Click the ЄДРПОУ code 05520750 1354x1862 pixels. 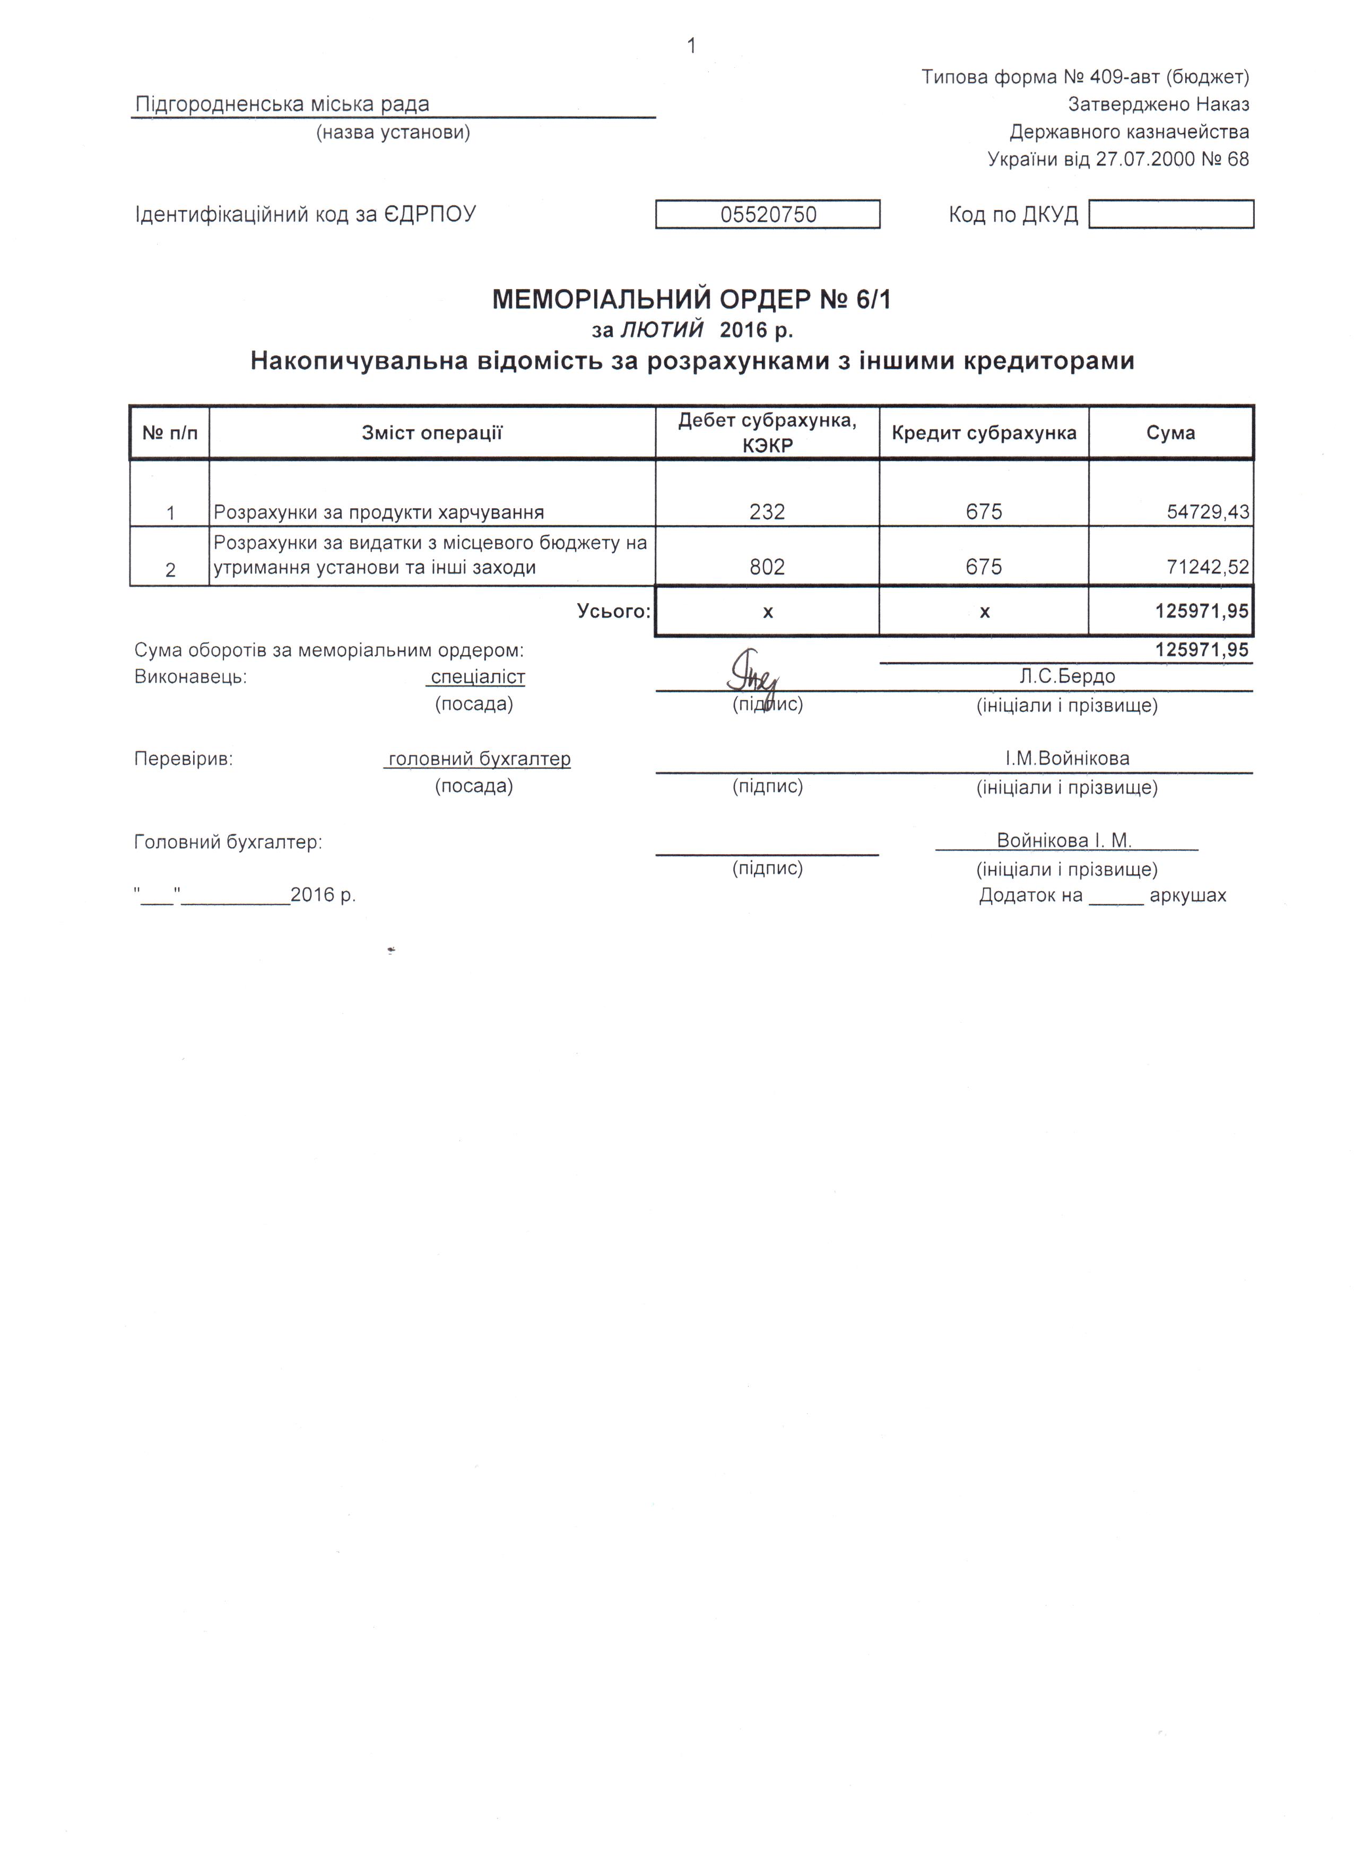coord(768,215)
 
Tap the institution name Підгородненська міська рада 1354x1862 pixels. coord(282,105)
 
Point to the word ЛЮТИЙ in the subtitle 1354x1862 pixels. coord(662,330)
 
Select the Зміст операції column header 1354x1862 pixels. coord(432,433)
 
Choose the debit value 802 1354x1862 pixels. coord(767,567)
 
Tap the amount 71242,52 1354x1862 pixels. coord(1207,567)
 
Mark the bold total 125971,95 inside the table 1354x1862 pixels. coord(1201,611)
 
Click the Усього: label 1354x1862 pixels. coord(613,611)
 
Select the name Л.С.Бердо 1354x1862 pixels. coord(1066,676)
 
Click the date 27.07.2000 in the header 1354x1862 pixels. coord(1144,159)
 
